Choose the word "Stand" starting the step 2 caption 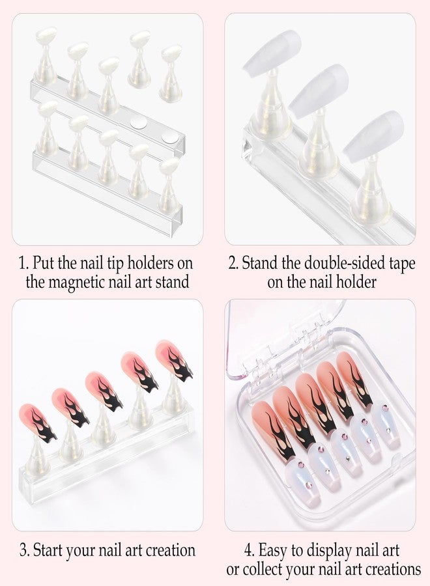(260, 264)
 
